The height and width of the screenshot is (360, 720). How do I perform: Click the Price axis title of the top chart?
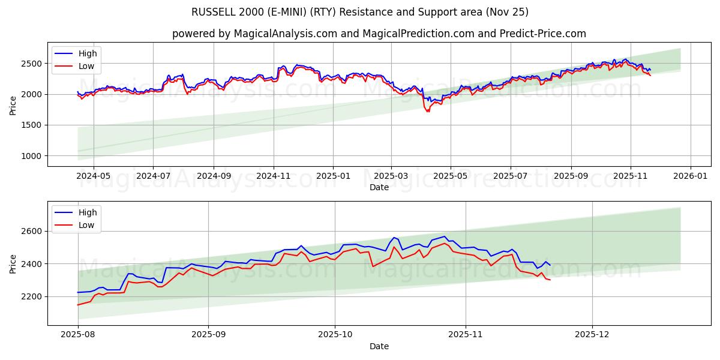point(13,104)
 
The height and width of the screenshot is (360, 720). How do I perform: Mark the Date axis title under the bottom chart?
point(379,346)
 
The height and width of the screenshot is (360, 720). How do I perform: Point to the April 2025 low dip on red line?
point(428,112)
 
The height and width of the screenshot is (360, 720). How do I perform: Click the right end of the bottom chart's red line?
point(550,280)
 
